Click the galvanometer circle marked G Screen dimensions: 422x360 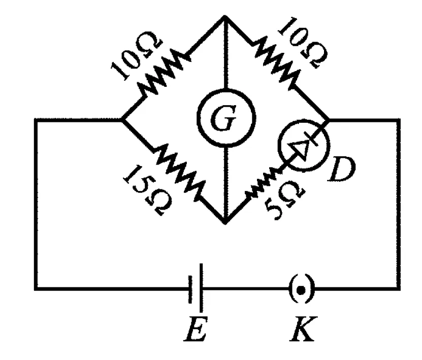point(226,117)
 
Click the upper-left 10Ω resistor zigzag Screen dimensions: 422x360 point(161,72)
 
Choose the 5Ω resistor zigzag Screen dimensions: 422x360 point(263,183)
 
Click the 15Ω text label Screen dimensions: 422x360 point(147,190)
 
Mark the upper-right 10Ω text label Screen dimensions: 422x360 point(303,43)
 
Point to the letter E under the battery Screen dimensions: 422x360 point(196,329)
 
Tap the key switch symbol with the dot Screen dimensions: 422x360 point(302,289)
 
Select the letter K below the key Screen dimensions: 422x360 point(303,329)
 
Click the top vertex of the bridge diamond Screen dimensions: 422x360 point(225,17)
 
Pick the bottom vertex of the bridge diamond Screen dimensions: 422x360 point(225,222)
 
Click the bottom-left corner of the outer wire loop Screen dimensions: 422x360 point(36,289)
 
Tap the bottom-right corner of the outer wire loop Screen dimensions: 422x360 point(398,289)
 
